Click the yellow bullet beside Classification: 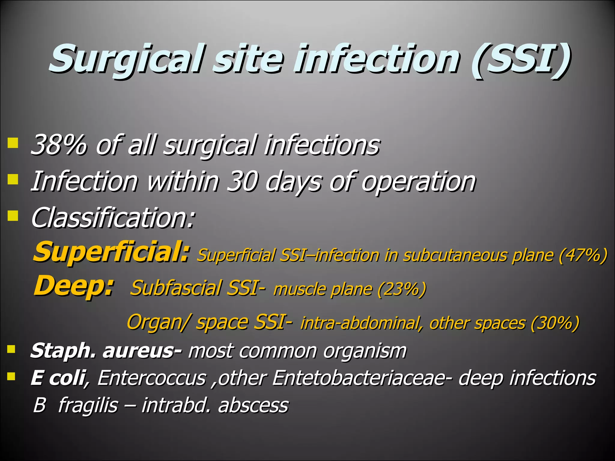(x=13, y=215)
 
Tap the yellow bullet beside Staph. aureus (x=11, y=349)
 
